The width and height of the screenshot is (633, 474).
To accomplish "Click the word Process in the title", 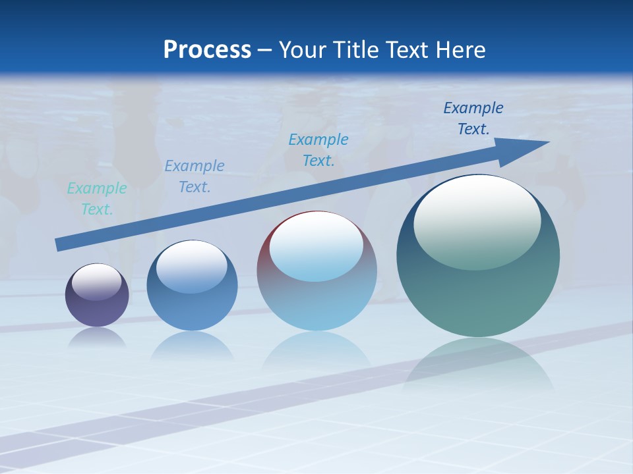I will point(207,50).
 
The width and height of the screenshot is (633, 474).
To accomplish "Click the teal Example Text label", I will point(97,199).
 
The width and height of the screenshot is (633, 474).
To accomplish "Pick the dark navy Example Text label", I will point(473,118).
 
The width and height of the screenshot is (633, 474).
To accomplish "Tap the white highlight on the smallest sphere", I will point(96,282).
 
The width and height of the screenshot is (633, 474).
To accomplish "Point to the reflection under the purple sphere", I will point(97,337).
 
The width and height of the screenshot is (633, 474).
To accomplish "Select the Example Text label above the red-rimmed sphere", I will point(318,149).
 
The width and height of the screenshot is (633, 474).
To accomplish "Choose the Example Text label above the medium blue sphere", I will point(195,176).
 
